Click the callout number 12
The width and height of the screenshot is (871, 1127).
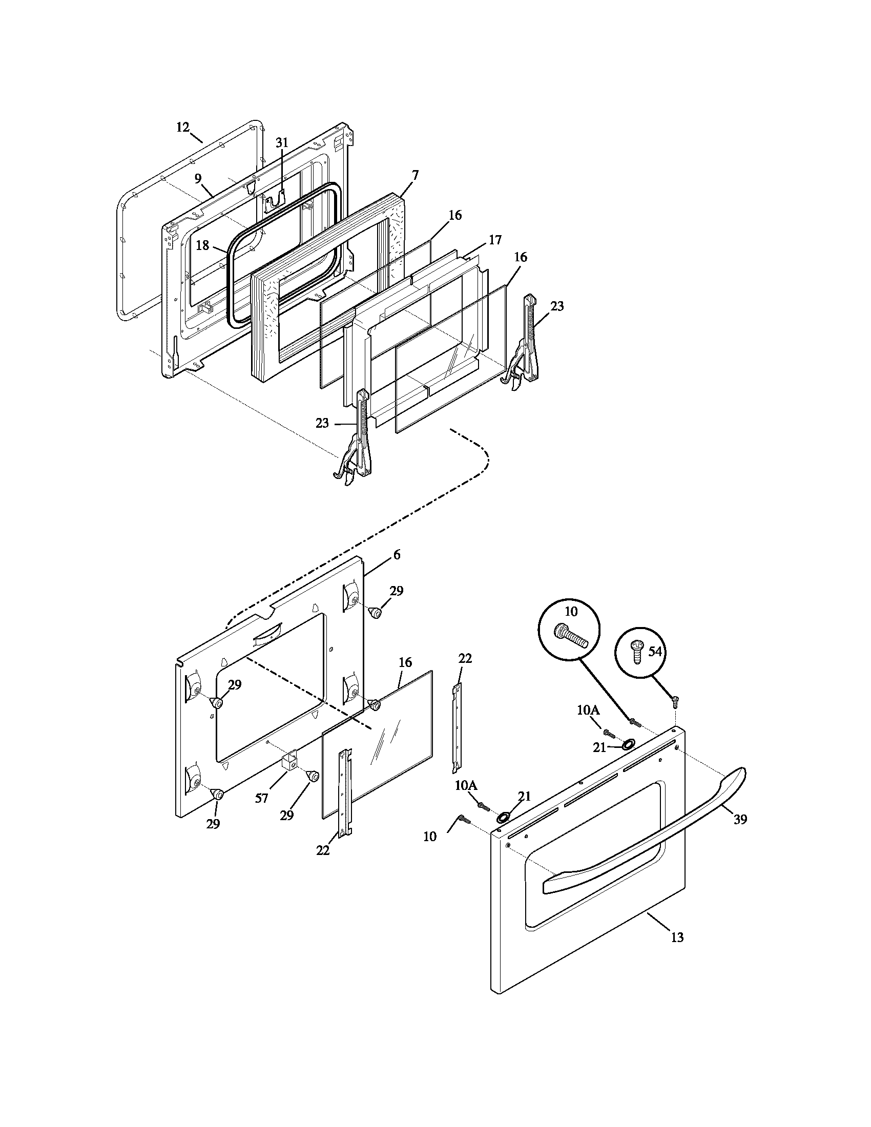[x=183, y=128]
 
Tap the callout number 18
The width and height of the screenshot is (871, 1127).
[x=202, y=245]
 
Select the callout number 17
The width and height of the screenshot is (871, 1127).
[x=495, y=240]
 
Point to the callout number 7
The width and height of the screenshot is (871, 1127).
[x=415, y=175]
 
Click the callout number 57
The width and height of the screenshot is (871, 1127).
[x=261, y=798]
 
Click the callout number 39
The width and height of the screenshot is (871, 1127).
[x=740, y=819]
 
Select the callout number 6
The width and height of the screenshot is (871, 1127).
[x=396, y=555]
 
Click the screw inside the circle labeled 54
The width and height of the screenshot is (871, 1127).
[x=638, y=652]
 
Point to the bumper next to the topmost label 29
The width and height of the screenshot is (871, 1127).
[x=376, y=613]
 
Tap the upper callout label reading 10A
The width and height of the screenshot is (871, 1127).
[x=588, y=711]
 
